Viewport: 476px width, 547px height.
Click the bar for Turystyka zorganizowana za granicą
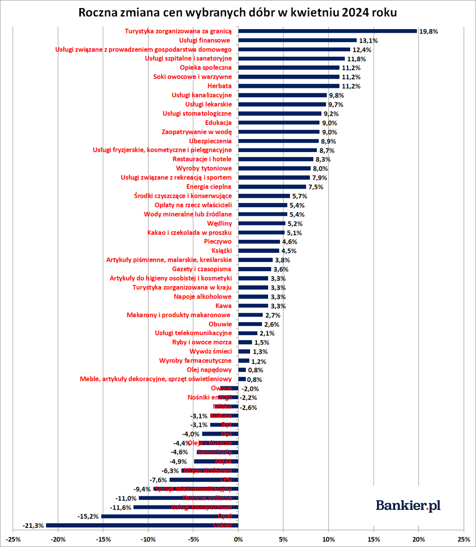[327, 31]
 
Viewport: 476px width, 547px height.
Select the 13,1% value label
[368, 40]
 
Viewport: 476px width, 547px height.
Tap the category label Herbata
[219, 86]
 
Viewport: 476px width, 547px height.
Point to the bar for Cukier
[142, 525]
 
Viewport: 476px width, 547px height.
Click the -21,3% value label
[33, 525]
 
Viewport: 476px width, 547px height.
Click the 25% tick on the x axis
[463, 539]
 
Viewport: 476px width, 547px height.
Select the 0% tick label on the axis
[238, 539]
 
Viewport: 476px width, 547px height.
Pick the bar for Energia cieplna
[272, 187]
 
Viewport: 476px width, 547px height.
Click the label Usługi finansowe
[204, 40]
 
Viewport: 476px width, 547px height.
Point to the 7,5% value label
[315, 187]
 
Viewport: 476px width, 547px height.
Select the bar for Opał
[170, 516]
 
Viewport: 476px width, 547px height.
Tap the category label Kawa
[223, 306]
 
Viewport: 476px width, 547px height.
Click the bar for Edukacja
[279, 122]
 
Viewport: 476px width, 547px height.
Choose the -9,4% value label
[142, 489]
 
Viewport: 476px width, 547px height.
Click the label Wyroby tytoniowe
[204, 168]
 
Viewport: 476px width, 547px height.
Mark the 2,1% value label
[267, 333]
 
